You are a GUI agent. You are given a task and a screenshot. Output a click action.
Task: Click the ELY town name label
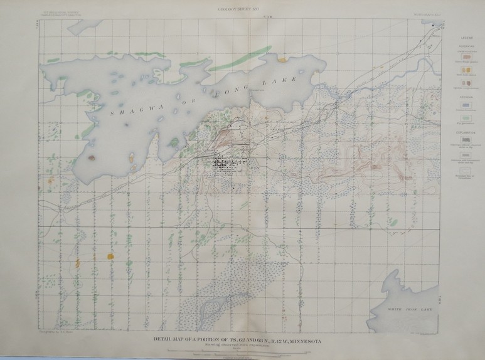click(254, 169)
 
